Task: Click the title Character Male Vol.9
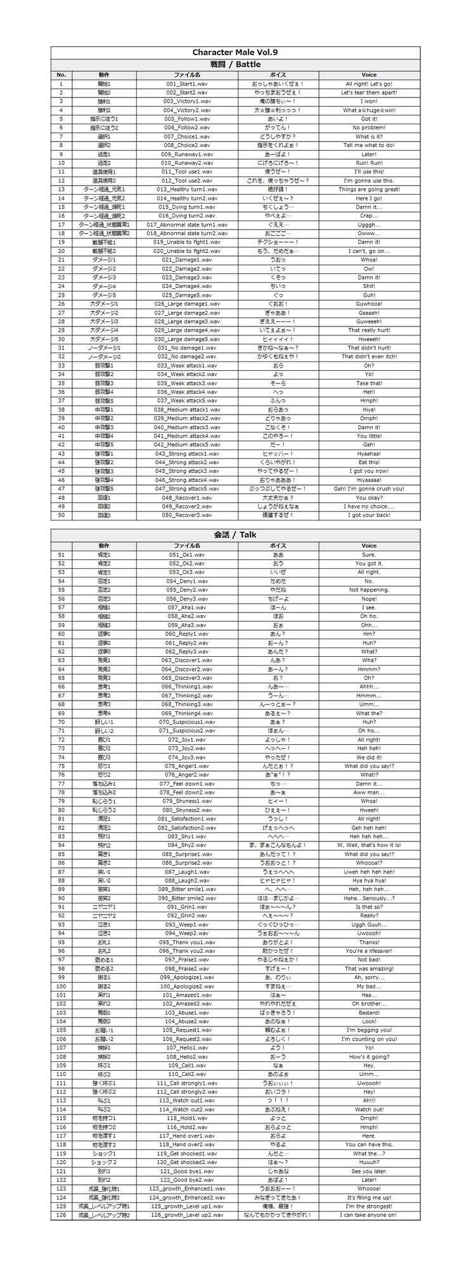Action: click(235, 53)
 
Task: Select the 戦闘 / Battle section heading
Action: click(235, 64)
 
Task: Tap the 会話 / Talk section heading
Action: click(235, 534)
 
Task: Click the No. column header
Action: click(61, 75)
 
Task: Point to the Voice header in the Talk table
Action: click(369, 545)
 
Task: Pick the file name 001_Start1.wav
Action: click(187, 84)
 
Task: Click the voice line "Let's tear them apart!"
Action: click(369, 93)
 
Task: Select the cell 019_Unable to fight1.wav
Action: click(187, 242)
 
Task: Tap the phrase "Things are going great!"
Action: click(369, 190)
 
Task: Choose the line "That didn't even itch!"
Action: click(369, 356)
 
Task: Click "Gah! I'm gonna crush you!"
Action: click(369, 489)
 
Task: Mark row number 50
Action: click(61, 515)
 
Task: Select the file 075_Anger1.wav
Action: click(187, 766)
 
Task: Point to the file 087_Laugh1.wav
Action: click(187, 872)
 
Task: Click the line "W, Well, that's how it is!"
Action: click(369, 845)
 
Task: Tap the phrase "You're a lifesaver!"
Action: click(369, 951)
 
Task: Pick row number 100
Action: click(61, 987)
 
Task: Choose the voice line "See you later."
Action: click(369, 1172)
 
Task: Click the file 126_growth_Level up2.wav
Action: click(187, 1215)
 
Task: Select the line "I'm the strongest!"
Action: click(369, 1207)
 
